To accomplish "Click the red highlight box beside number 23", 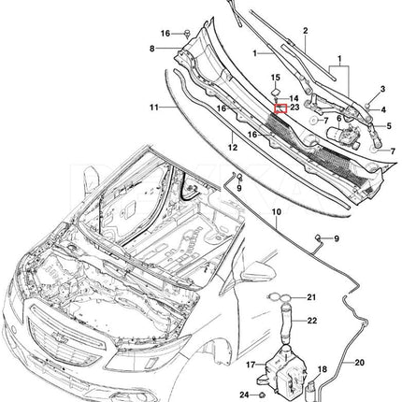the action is pyautogui.click(x=280, y=108).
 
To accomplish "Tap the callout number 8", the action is pyautogui.click(x=152, y=49).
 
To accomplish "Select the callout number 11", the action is pyautogui.click(x=154, y=108).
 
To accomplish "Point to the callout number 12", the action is pyautogui.click(x=233, y=147).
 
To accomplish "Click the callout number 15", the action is pyautogui.click(x=276, y=78).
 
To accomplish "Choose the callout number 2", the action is pyautogui.click(x=305, y=31).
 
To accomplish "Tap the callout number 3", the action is pyautogui.click(x=382, y=90).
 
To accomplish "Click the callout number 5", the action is pyautogui.click(x=389, y=126).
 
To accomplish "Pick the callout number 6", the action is pyautogui.click(x=338, y=119).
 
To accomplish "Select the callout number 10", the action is pyautogui.click(x=277, y=212).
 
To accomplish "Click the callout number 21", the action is pyautogui.click(x=311, y=297).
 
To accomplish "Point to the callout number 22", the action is pyautogui.click(x=312, y=321).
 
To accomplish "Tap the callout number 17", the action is pyautogui.click(x=251, y=365).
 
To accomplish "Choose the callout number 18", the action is pyautogui.click(x=323, y=369).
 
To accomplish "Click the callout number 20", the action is pyautogui.click(x=359, y=363).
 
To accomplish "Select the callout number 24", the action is pyautogui.click(x=245, y=395).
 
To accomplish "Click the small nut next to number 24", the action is pyautogui.click(x=262, y=395).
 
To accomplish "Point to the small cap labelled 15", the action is pyautogui.click(x=276, y=92).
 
